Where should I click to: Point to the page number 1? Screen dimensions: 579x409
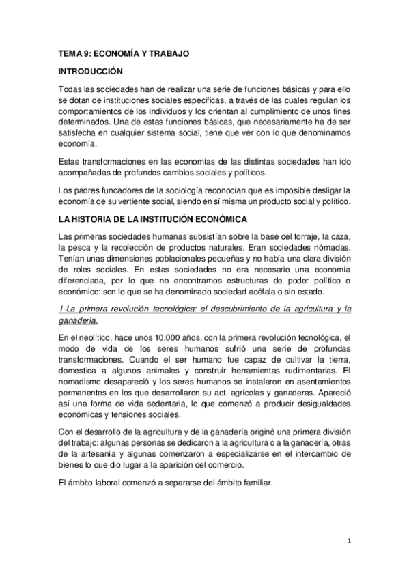point(349,542)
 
